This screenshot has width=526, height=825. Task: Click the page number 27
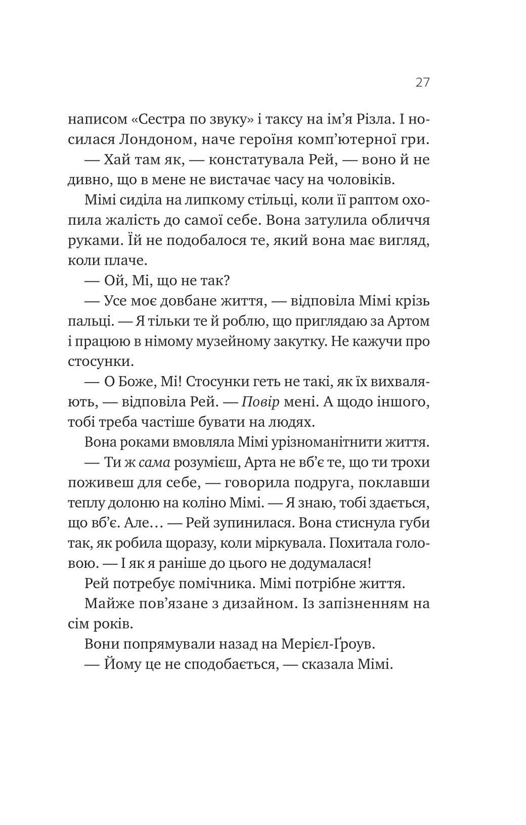[422, 82]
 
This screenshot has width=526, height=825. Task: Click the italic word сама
[153, 463]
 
